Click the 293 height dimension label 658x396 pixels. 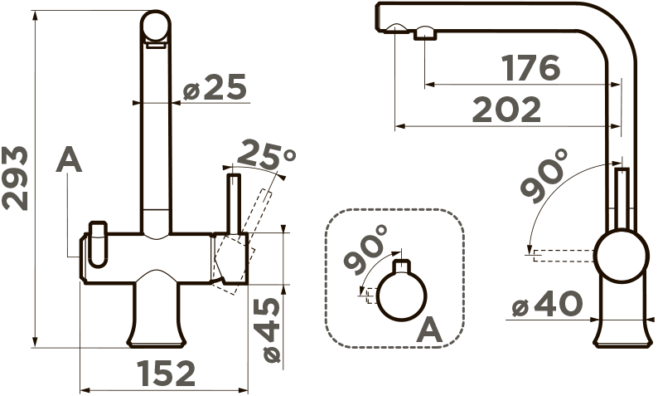15,178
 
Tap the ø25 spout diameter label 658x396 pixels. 215,87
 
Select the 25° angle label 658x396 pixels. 267,154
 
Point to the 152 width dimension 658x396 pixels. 167,374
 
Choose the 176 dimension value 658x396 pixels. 531,68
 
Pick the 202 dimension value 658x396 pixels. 506,110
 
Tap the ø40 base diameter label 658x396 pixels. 548,304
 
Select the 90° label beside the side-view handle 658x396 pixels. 544,176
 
